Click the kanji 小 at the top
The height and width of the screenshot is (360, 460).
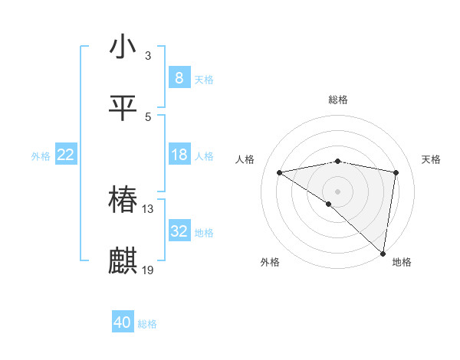[123, 47]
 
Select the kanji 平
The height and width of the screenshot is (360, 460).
[123, 108]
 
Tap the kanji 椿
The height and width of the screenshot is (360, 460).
[123, 200]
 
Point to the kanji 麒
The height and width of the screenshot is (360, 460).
[123, 261]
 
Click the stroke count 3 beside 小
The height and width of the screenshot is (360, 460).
[148, 56]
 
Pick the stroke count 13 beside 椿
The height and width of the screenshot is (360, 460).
[148, 209]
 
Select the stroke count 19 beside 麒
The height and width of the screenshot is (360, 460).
[148, 270]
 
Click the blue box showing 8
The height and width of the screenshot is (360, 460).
[179, 77]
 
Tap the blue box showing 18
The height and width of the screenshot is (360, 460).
[179, 155]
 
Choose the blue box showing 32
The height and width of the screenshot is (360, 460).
[179, 231]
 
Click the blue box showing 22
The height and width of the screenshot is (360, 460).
[65, 155]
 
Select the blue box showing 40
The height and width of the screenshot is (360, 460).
[122, 322]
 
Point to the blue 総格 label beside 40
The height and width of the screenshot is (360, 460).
[147, 324]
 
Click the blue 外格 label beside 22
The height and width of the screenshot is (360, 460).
[41, 156]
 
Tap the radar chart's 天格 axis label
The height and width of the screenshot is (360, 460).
[432, 159]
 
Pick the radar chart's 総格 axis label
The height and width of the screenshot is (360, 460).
[338, 100]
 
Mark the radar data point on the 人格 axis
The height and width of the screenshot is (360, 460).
[280, 172]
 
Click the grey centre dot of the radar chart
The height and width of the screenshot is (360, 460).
[338, 191]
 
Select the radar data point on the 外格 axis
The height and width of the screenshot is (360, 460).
[329, 204]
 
